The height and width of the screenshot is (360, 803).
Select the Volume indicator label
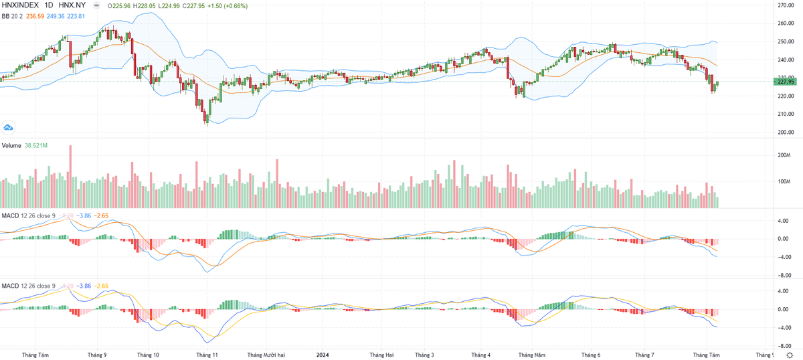coord(11,145)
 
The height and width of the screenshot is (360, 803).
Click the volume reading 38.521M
coord(37,145)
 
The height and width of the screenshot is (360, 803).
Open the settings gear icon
coord(789,354)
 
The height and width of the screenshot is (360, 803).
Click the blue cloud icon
coord(9,127)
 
